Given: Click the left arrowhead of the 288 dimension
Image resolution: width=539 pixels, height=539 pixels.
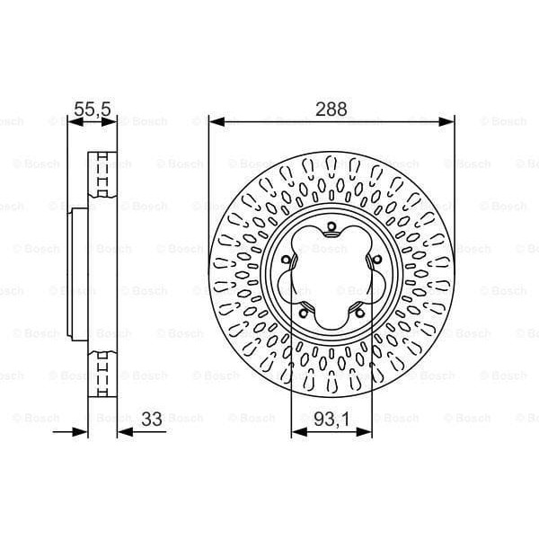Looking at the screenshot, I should coord(215,121).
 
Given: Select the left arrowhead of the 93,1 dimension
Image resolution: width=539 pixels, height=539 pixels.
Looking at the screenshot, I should coord(297,432).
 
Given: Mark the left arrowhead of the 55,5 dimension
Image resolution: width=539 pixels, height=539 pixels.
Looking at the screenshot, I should coord(73,121).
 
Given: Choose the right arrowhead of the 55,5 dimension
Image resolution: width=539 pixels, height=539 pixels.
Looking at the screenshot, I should coord(114,121).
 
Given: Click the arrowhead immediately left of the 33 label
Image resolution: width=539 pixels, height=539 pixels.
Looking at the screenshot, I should coord(124,432).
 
